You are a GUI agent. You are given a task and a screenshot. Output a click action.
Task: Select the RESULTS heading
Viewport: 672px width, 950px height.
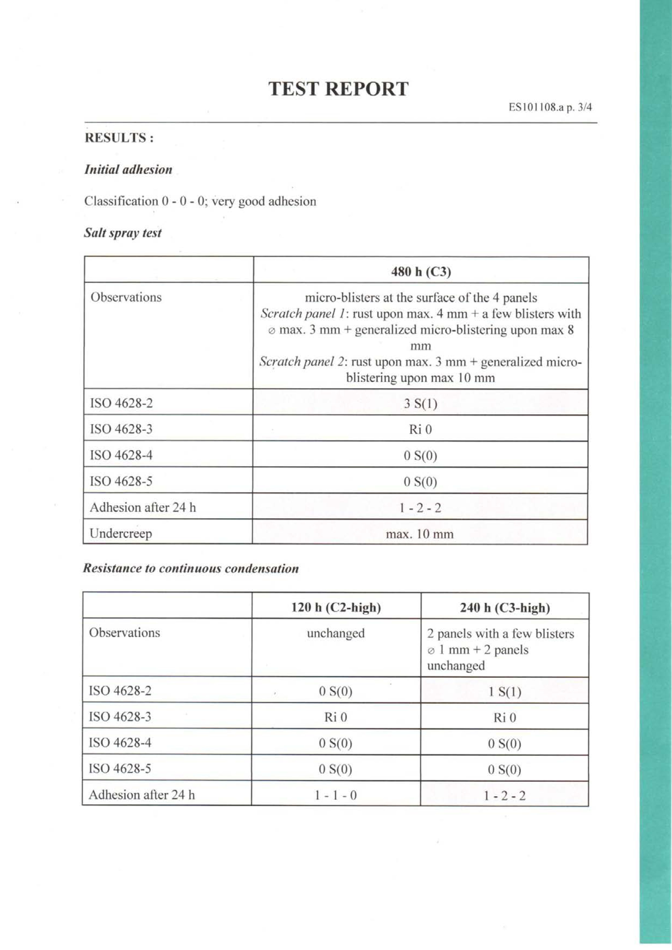coord(119,138)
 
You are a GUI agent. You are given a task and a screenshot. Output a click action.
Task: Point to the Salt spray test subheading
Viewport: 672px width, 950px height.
coord(123,233)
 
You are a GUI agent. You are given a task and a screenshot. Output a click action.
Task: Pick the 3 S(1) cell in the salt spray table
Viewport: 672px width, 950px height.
coord(420,403)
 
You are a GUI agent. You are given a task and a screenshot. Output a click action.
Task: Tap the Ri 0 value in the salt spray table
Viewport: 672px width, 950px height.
coord(420,430)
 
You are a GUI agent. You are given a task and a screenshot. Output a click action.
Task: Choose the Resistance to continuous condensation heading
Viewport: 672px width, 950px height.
coord(191,569)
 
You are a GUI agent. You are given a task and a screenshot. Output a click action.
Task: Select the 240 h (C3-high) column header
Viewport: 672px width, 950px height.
coord(505,608)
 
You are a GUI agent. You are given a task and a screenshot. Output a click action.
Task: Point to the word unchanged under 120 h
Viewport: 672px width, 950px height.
coord(336,633)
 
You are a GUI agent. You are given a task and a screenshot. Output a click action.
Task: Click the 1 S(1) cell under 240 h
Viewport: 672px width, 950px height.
coord(505,692)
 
